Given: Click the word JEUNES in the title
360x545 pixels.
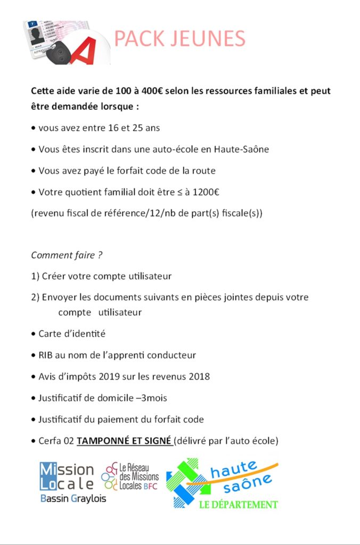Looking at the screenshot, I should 214,39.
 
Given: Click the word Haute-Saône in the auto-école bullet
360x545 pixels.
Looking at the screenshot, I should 241,149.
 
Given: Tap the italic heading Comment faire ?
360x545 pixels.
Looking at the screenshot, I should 67,255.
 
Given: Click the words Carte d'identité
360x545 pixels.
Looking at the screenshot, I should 72,334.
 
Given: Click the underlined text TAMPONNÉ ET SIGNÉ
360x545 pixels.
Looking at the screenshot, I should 124,441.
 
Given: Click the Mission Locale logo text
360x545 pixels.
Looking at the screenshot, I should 67,476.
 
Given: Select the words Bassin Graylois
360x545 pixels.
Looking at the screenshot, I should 73,499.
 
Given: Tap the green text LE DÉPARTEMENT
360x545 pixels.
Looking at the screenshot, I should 239,504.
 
